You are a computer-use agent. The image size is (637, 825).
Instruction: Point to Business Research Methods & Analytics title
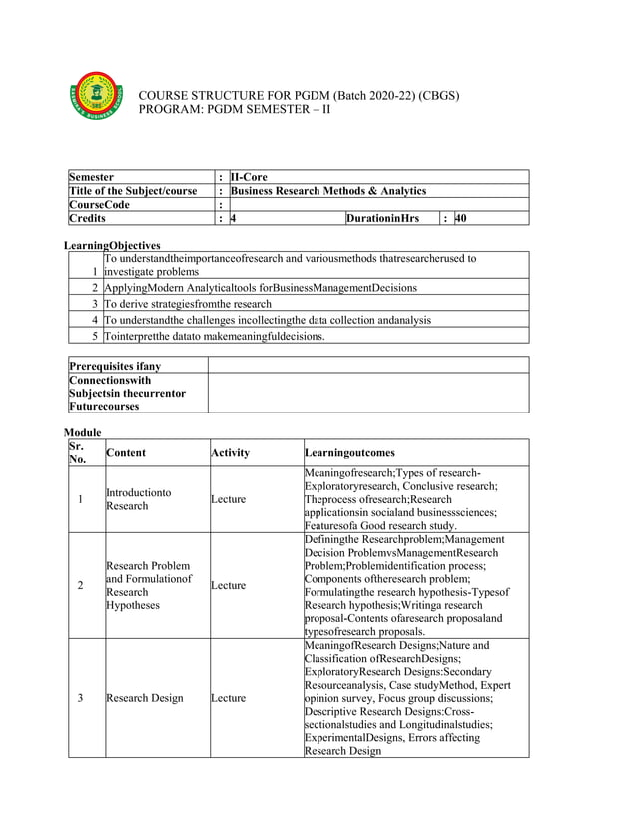(x=327, y=190)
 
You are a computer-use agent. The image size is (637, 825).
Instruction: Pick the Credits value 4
(x=233, y=218)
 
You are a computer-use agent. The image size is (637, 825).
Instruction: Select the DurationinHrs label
(x=383, y=218)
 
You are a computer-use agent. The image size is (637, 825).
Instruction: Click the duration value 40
(x=460, y=218)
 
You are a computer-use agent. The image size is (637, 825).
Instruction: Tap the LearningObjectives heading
(x=112, y=245)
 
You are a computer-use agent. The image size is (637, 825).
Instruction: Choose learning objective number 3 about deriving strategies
(x=189, y=304)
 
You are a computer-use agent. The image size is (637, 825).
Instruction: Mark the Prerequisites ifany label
(x=115, y=366)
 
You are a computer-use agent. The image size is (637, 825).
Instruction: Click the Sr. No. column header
(x=79, y=452)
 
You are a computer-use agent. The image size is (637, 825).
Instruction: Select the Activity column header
(x=230, y=453)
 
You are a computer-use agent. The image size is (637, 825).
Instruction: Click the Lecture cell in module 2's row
(x=228, y=586)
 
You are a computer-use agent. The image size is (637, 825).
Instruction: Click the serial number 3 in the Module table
(x=80, y=698)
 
